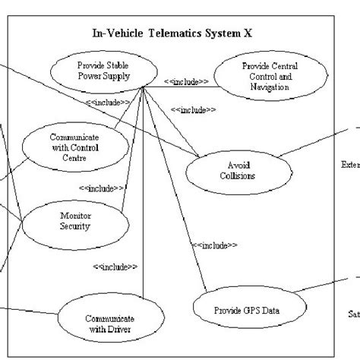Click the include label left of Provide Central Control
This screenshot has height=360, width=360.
tap(185, 81)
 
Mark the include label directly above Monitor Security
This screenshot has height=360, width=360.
tap(100, 188)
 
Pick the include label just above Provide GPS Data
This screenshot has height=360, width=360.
tap(215, 245)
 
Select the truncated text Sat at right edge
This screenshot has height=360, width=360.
tap(352, 311)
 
